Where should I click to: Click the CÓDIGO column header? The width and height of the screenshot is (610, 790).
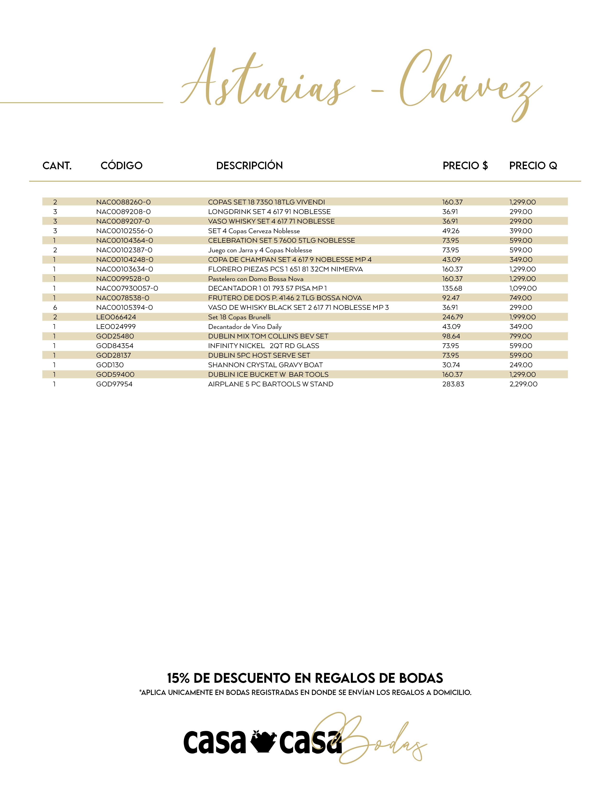(x=122, y=166)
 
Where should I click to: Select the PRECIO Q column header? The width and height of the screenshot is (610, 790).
(x=533, y=166)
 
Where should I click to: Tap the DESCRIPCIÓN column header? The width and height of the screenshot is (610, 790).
(x=249, y=166)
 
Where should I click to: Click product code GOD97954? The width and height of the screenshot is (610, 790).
(x=114, y=384)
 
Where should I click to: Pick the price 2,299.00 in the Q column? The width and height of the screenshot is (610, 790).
(x=523, y=384)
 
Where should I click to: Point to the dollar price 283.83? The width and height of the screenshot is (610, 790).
(x=453, y=384)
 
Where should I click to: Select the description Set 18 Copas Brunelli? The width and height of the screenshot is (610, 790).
(x=239, y=317)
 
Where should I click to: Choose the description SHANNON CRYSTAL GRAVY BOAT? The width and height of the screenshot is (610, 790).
(x=265, y=365)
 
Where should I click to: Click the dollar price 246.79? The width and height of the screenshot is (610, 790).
(x=452, y=317)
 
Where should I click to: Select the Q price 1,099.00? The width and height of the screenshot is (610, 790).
(x=523, y=288)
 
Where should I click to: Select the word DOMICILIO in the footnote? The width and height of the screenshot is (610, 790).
(x=452, y=693)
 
